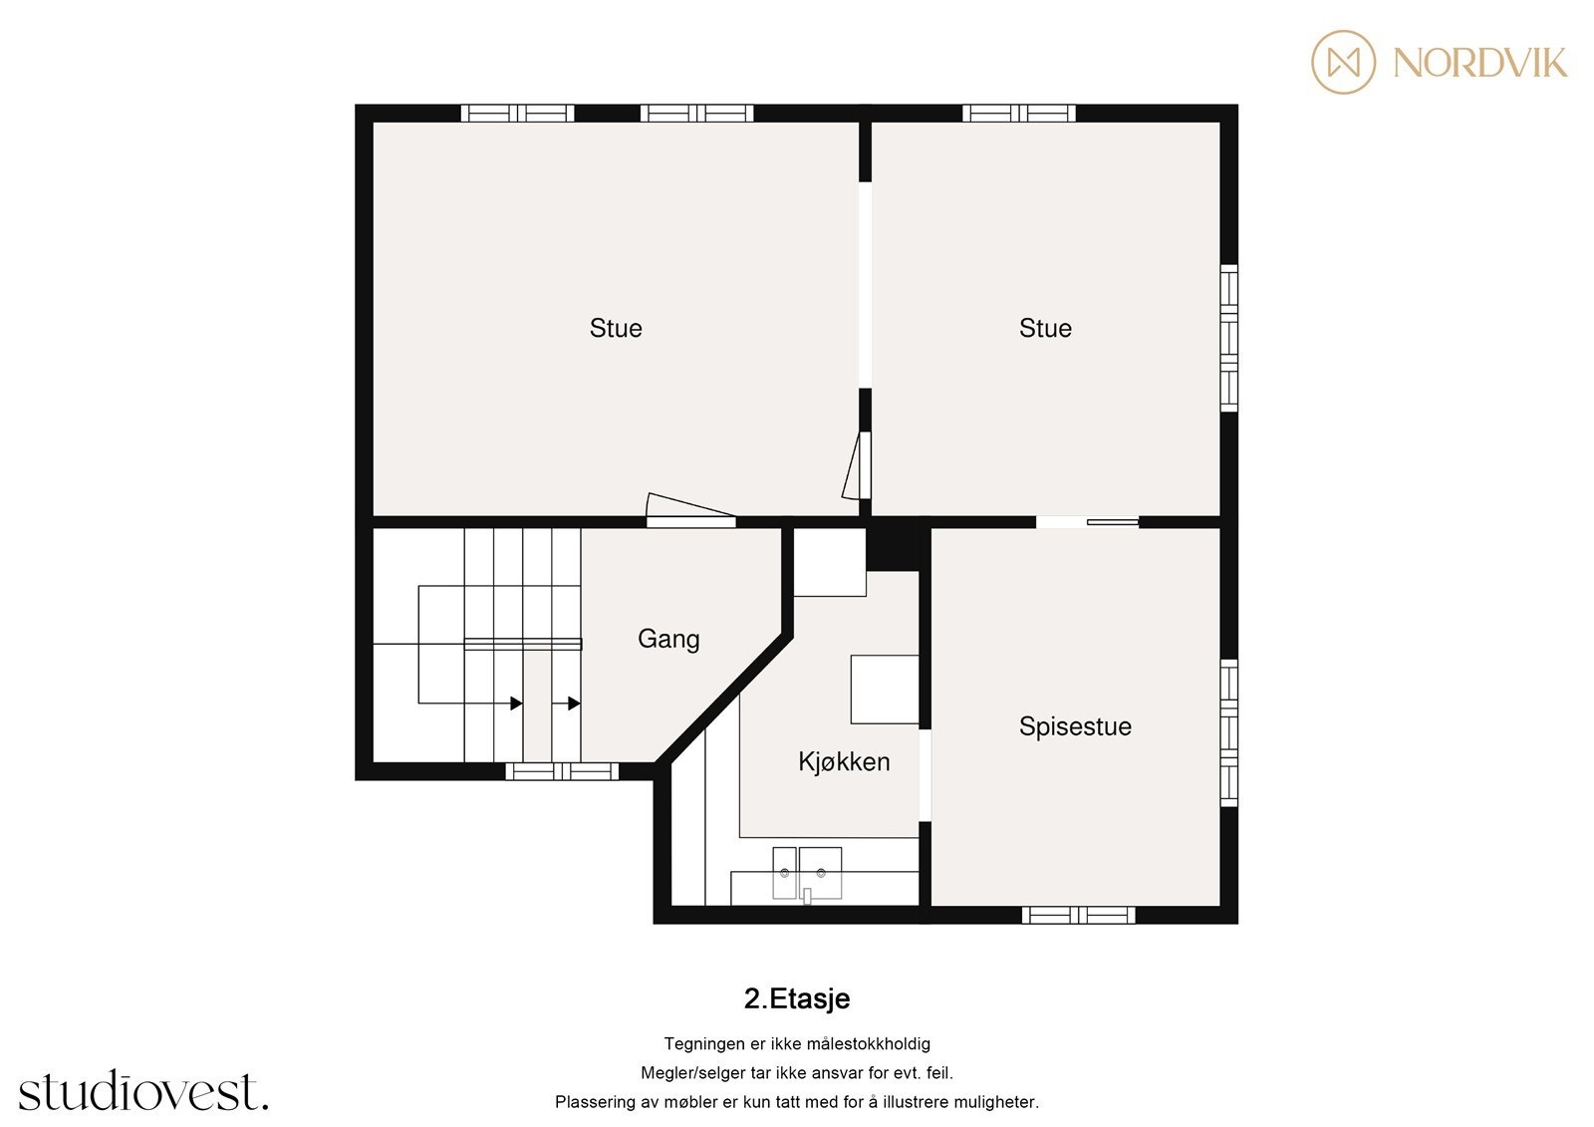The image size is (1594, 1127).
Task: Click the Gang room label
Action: tap(668, 639)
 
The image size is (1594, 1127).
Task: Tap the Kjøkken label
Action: tap(844, 762)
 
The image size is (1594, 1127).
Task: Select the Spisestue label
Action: tap(1075, 726)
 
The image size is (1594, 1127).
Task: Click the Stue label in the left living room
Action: tap(616, 328)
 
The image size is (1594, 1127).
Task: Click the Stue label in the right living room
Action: tap(1045, 328)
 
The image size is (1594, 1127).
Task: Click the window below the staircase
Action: tap(562, 771)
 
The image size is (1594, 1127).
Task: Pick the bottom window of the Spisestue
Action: tap(1079, 915)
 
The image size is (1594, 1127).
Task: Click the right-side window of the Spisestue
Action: tap(1229, 733)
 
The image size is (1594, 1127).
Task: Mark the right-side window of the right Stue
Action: tap(1229, 338)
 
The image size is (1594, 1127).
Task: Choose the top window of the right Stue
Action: tap(1018, 114)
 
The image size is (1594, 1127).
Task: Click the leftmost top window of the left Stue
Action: tap(517, 114)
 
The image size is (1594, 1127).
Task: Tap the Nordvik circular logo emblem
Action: tap(1343, 62)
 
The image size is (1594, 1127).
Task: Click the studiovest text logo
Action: tap(143, 1092)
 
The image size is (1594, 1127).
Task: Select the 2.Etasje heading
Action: tap(797, 998)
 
